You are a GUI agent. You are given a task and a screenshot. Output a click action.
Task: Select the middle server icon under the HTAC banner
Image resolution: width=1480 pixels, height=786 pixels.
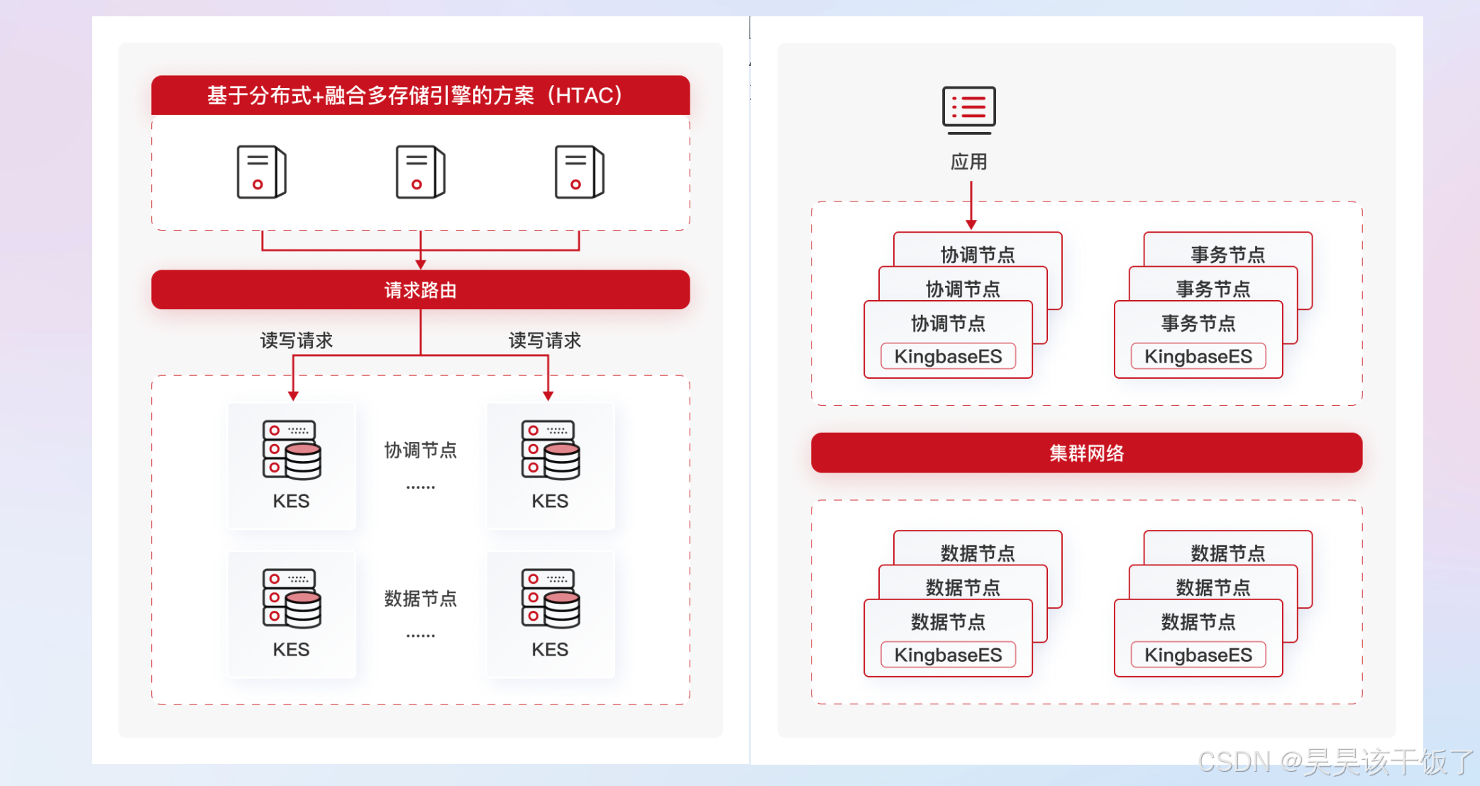(x=420, y=172)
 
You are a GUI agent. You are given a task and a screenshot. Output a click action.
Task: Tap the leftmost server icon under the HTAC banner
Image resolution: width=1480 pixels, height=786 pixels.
(x=261, y=172)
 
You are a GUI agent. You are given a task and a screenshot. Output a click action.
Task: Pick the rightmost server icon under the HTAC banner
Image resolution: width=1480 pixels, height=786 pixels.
(x=579, y=172)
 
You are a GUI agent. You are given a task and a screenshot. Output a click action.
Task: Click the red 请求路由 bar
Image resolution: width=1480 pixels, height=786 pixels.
(x=420, y=289)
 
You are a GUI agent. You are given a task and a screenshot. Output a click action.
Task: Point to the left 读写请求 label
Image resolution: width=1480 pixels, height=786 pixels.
(x=297, y=341)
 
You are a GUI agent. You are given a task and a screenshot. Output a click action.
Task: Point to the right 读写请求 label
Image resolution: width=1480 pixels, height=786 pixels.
(x=545, y=341)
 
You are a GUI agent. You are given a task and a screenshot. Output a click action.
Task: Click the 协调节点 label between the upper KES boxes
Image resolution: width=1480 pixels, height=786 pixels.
(x=420, y=450)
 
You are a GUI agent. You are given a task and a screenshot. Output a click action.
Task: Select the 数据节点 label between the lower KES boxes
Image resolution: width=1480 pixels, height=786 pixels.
(x=420, y=598)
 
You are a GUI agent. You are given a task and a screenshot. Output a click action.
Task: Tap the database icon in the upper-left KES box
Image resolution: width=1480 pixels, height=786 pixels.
(x=292, y=450)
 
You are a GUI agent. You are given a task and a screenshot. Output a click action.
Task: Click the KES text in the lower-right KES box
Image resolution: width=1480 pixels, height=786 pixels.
(x=550, y=649)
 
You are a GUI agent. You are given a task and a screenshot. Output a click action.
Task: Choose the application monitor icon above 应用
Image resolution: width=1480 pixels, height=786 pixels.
(x=968, y=110)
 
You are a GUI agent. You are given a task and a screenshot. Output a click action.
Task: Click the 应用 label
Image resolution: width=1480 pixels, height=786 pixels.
(x=968, y=162)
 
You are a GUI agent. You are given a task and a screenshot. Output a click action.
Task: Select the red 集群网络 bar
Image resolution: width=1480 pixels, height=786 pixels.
(x=1086, y=453)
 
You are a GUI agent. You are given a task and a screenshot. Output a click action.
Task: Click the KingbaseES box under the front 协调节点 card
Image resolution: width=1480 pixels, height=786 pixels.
(x=948, y=356)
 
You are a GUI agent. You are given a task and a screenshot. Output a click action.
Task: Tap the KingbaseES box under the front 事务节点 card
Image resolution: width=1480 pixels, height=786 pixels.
(x=1198, y=356)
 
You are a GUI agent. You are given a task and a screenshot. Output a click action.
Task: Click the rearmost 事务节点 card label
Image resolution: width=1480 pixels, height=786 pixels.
(x=1227, y=254)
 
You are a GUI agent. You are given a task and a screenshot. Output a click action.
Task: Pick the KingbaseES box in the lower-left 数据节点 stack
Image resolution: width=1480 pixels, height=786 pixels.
(x=948, y=654)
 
